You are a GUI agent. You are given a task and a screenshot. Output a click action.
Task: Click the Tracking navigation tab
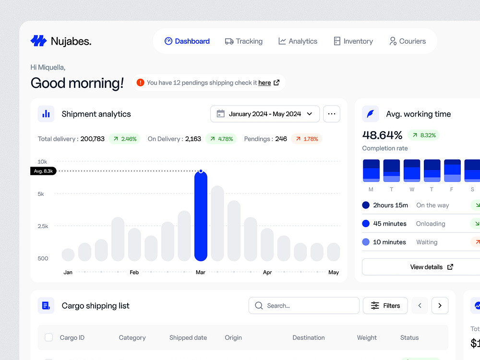(244, 41)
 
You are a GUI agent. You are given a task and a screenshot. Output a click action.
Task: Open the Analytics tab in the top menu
(298, 41)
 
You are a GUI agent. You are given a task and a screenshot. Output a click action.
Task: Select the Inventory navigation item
(353, 41)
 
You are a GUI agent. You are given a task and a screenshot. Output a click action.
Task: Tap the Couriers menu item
(408, 41)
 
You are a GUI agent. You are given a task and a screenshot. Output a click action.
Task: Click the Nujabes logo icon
(38, 41)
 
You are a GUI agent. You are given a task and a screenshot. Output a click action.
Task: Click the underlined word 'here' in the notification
(264, 83)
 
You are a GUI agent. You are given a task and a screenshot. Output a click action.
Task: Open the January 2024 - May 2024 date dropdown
(265, 114)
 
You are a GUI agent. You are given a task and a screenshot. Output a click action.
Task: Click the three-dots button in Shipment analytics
(332, 114)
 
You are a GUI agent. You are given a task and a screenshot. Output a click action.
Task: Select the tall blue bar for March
(201, 216)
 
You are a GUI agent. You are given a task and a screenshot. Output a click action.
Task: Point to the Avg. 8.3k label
(43, 171)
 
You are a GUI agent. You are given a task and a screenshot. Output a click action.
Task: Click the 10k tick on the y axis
(42, 161)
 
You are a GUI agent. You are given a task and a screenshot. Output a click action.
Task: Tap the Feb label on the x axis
(134, 272)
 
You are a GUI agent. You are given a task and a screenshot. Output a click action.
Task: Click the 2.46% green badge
(124, 139)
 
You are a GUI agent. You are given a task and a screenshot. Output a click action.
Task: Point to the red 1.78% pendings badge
(306, 139)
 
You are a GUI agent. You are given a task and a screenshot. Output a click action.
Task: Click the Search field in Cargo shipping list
(304, 306)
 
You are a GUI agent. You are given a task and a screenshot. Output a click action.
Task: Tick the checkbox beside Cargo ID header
(49, 337)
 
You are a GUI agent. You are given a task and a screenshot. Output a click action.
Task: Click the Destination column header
(309, 337)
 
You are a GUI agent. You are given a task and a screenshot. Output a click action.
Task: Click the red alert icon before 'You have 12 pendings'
(140, 83)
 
